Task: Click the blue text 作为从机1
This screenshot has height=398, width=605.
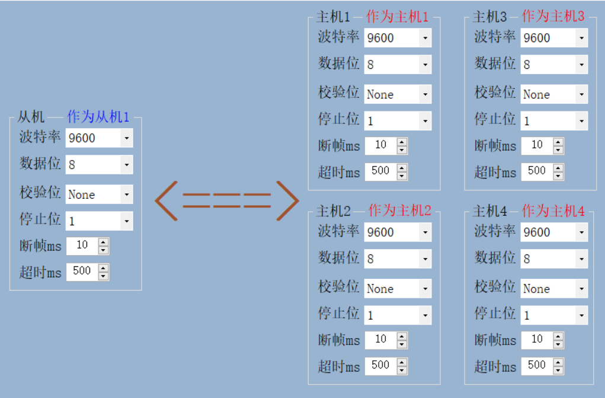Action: pos(98,117)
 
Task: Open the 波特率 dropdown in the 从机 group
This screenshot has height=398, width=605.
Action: pos(99,138)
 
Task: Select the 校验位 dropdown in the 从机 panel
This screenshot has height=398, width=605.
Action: pos(99,195)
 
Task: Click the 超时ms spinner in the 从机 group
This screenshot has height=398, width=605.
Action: pos(88,272)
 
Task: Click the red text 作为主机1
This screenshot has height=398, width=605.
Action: pos(397,17)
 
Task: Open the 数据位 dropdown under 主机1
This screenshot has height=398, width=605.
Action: pos(398,64)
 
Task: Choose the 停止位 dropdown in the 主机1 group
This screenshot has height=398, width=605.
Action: pos(398,121)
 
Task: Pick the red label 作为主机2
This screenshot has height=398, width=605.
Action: pos(400,211)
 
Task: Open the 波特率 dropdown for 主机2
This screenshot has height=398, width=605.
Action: pos(398,233)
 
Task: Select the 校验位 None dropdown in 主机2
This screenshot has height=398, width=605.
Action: pos(398,289)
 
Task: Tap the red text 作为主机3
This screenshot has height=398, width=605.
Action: pos(553,17)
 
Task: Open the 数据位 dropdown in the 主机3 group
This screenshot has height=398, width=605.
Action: pos(554,64)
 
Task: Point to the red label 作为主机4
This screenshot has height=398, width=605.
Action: pos(553,211)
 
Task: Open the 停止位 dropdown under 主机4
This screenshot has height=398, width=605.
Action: pos(554,315)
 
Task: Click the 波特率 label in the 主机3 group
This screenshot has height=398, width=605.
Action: pos(495,37)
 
